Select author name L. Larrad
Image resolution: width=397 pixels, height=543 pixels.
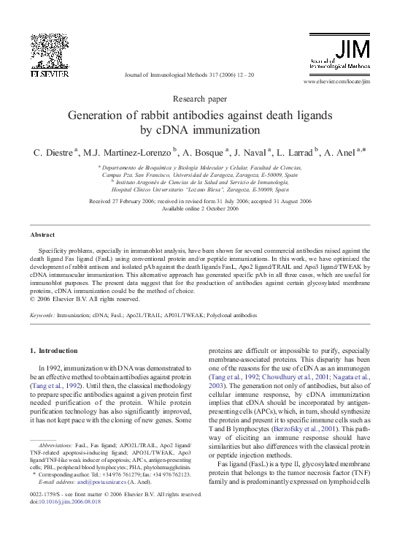click(296, 153)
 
